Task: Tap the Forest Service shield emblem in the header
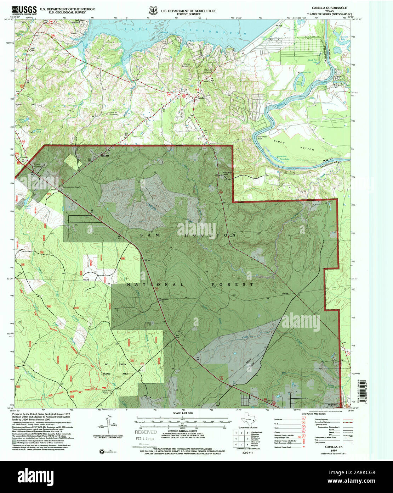[x=153, y=11]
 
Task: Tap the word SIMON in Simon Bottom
[x=279, y=141]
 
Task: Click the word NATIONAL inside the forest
[x=156, y=285]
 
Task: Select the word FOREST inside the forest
[x=233, y=285]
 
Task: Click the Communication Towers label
[x=73, y=187]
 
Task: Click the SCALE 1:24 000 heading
[x=182, y=413]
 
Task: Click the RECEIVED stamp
[x=146, y=432]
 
